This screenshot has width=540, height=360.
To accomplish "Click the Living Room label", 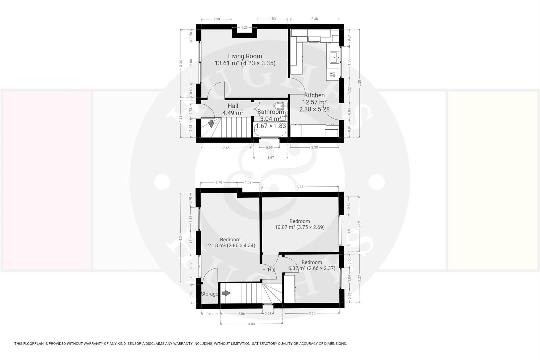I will coord(245,56).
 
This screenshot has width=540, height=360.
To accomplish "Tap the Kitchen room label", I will coord(314,95).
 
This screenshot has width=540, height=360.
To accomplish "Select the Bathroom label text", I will coord(270,112).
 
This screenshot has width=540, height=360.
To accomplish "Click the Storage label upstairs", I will coord(209,294).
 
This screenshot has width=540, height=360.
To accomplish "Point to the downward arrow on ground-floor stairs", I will coord(211,123).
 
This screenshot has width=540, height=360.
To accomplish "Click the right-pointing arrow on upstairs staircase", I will coord(226,293).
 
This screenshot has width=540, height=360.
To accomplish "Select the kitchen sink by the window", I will coord(334,57).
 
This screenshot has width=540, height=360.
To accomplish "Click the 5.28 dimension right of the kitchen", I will coord(359,83).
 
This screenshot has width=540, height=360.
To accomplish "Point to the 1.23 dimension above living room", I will coord(245,28).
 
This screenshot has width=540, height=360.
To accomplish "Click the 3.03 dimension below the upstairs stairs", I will coord(251,324).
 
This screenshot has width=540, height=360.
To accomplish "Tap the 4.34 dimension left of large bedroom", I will coord(181,238).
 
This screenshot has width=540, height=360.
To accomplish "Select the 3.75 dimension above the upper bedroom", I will coord(300,187).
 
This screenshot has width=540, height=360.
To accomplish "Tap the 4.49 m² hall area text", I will coord(233,113).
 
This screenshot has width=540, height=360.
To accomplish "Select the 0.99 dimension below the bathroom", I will coord(269,148).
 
